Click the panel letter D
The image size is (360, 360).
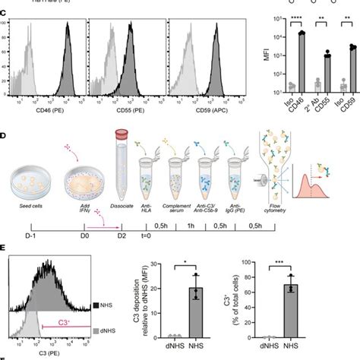coord(4,135)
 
